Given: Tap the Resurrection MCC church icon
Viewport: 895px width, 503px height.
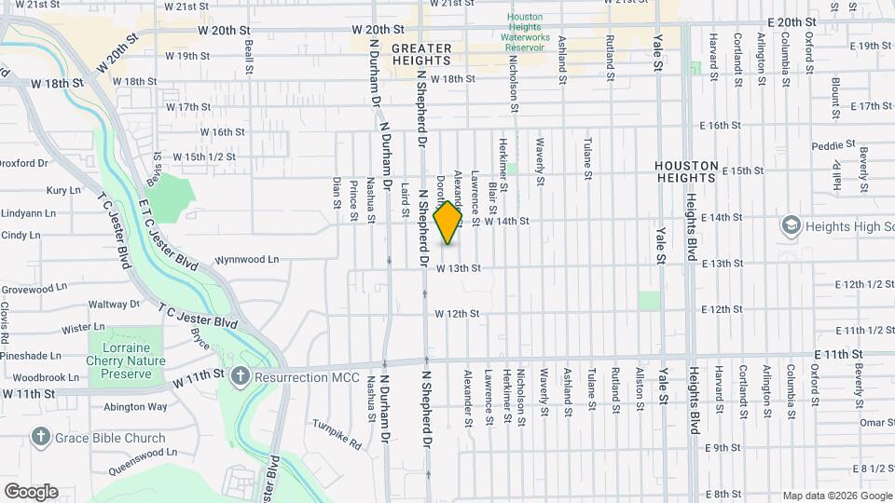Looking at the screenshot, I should point(240,375).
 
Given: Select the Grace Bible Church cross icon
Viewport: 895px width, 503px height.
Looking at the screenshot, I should point(41,436).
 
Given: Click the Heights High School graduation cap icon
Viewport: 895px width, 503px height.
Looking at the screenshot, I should point(792,225).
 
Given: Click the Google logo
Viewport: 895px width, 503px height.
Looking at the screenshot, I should point(31,492).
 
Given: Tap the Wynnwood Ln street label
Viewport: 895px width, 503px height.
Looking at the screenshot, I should point(220,260).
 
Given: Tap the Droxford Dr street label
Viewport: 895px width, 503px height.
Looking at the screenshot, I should point(23,163).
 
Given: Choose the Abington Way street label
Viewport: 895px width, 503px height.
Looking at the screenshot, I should point(135,406).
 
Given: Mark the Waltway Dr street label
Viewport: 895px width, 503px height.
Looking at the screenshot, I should point(113,304).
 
